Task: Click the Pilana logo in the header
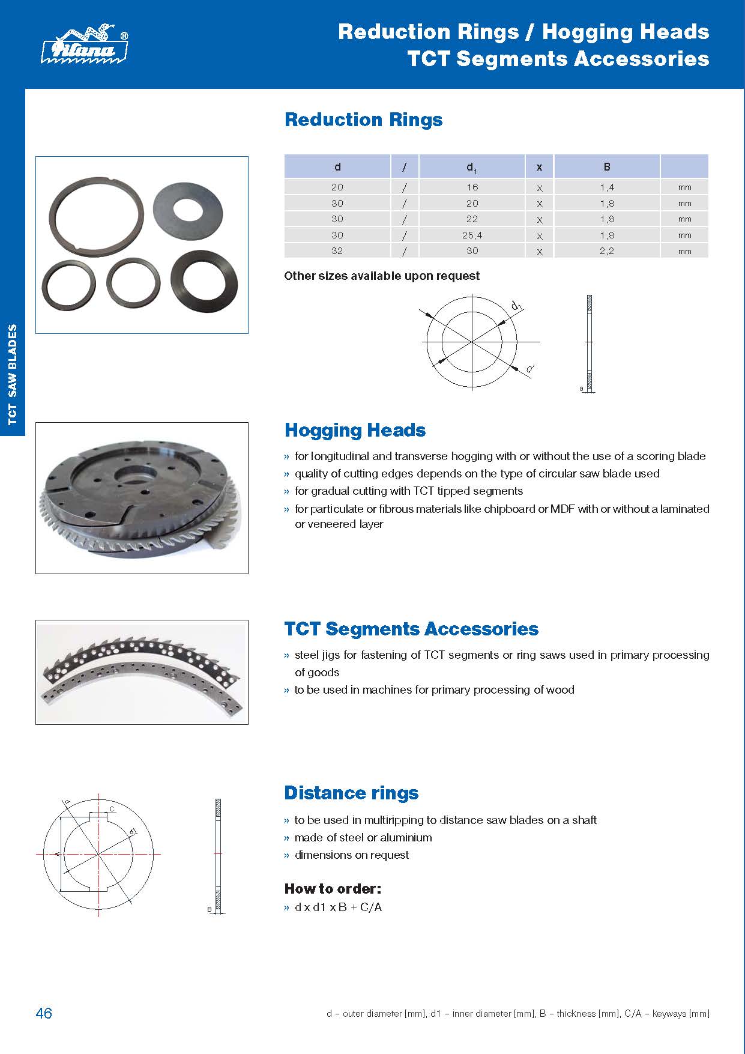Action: pyautogui.click(x=85, y=44)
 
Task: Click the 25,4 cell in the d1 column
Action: pyautogui.click(x=472, y=235)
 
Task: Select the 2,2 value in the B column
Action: pyautogui.click(x=606, y=251)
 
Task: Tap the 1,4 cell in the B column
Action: pyautogui.click(x=606, y=187)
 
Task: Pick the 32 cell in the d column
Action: pyautogui.click(x=337, y=251)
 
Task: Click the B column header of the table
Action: pyautogui.click(x=606, y=167)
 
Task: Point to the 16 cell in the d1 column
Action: pyautogui.click(x=472, y=187)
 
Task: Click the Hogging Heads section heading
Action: pyautogui.click(x=355, y=430)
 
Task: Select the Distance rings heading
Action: pyautogui.click(x=351, y=793)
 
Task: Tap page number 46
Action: pyautogui.click(x=44, y=1013)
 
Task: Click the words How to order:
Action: pyautogui.click(x=333, y=888)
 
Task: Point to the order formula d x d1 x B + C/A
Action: pyautogui.click(x=338, y=907)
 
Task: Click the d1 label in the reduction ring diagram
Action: pyautogui.click(x=516, y=306)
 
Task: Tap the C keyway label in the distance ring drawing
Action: pyautogui.click(x=112, y=809)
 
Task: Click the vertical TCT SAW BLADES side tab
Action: pyautogui.click(x=13, y=375)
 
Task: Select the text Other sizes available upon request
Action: pyautogui.click(x=382, y=276)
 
